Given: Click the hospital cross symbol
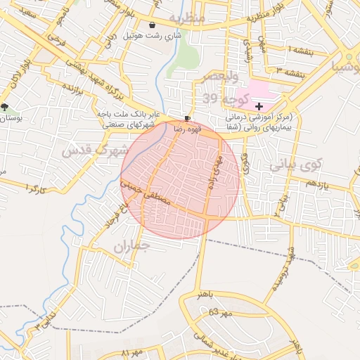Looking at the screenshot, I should pyautogui.click(x=259, y=105).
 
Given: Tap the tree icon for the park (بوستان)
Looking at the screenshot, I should pyautogui.click(x=6, y=107).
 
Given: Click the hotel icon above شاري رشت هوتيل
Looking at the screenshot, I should pyautogui.click(x=153, y=25).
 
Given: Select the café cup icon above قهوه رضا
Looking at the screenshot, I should pyautogui.click(x=186, y=118).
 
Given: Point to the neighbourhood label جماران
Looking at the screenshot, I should pyautogui.click(x=132, y=246).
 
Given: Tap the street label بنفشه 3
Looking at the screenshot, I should pyautogui.click(x=290, y=71).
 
